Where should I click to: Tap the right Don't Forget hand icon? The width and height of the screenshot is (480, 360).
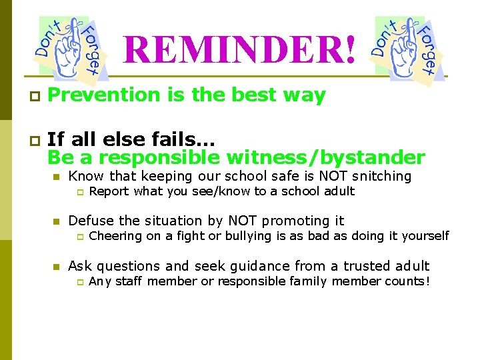[x=406, y=49]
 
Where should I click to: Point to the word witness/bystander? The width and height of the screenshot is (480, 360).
[x=325, y=157]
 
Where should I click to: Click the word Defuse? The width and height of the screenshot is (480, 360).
[x=91, y=221]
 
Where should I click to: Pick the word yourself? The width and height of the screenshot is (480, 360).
[x=424, y=236]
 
